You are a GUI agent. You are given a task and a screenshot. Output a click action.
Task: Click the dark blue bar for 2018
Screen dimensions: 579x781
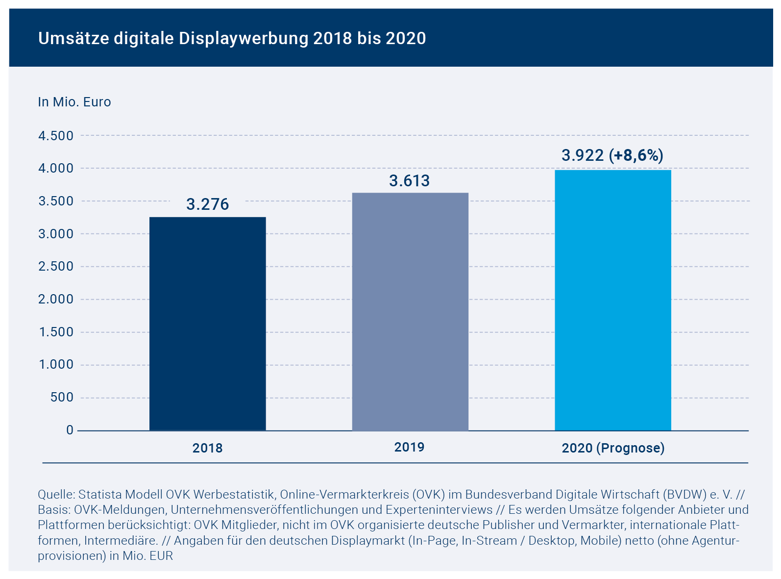pos(207,324)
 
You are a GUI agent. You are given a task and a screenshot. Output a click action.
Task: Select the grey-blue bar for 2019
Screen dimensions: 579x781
pos(410,312)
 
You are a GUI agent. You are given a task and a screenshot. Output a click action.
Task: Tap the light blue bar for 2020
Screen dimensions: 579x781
pos(612,300)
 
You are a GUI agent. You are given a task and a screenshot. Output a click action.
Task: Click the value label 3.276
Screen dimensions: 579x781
pos(207,204)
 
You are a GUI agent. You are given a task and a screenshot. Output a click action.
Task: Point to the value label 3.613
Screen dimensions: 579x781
pos(409,181)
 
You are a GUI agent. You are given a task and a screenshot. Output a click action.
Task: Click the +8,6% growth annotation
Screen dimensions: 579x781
pos(636,155)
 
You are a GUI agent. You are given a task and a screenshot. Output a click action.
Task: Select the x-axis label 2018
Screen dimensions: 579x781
pos(207,448)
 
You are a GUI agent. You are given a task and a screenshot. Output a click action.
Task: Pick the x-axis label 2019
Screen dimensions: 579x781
pos(409,447)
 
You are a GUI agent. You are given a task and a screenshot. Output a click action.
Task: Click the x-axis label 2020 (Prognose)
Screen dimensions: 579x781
pos(613,448)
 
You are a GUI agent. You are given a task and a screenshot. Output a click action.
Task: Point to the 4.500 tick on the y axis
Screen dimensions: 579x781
pos(56,136)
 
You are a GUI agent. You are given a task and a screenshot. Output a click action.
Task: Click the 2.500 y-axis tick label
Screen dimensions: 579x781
pos(56,267)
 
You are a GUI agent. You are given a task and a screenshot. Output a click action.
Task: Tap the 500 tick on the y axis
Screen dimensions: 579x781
pos(62,398)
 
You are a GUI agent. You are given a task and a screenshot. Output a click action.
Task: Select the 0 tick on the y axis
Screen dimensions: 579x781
pos(70,430)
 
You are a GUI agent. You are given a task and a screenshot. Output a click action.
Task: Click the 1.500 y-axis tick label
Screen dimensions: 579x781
pos(56,332)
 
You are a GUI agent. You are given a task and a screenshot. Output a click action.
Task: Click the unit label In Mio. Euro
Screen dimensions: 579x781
pos(74,102)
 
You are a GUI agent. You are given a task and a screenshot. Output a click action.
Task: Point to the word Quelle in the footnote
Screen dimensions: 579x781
pos(55,494)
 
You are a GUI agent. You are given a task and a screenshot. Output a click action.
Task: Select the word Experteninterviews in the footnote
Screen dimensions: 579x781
pos(439,509)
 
